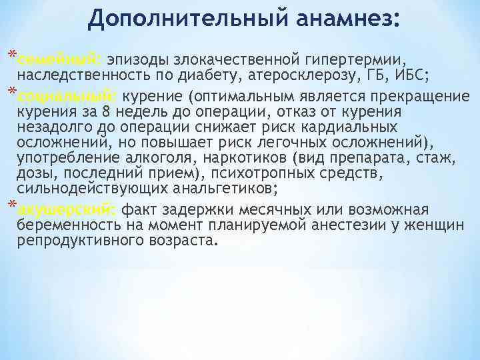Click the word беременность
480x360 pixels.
point(63,225)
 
